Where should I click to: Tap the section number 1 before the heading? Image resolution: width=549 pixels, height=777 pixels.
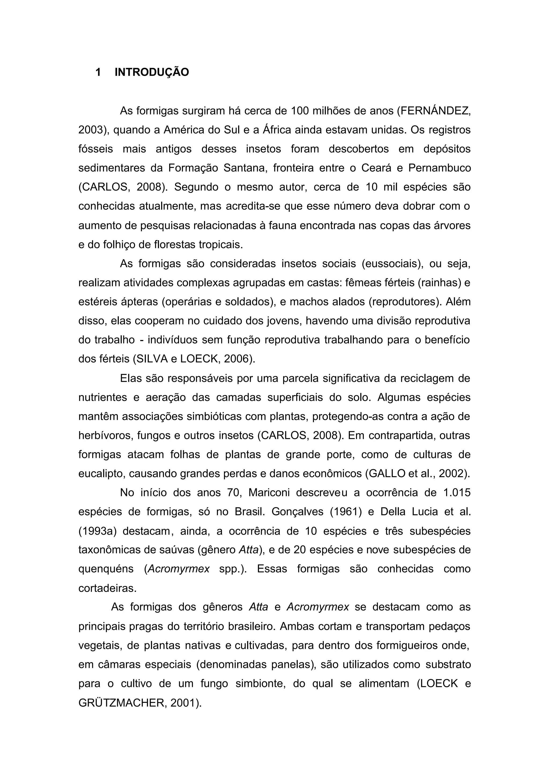coord(98,72)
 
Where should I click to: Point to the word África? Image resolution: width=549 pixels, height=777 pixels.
coord(277,130)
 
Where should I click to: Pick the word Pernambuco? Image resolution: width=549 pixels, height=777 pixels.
coord(439,168)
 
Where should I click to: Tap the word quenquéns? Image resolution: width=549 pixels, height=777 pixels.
coord(106,569)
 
